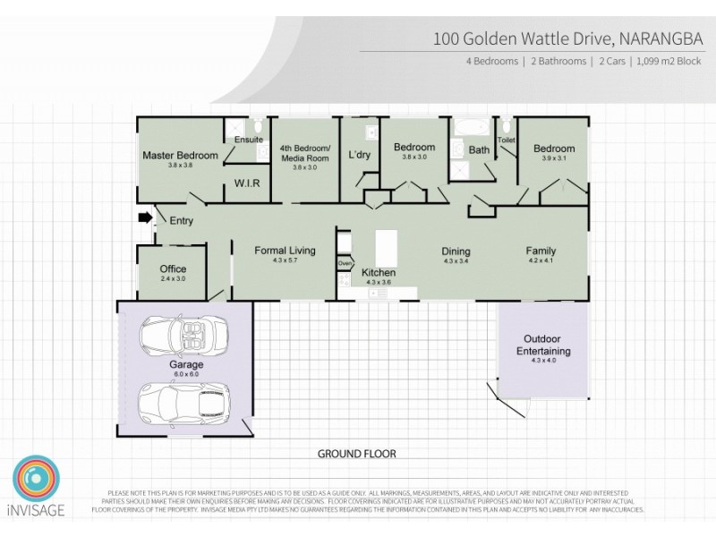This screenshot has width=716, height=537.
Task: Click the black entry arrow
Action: click(x=143, y=217)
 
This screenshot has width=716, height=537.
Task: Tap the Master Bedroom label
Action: click(x=180, y=156)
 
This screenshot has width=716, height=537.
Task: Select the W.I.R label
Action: click(x=247, y=183)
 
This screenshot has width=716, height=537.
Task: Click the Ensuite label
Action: click(x=248, y=141)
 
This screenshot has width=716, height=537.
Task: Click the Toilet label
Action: click(x=506, y=141)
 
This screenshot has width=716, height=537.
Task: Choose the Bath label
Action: click(x=480, y=150)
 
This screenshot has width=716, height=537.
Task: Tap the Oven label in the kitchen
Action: click(x=345, y=263)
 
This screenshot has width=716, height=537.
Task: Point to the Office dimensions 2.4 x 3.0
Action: click(x=173, y=279)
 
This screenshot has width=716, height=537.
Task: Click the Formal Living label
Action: click(x=285, y=251)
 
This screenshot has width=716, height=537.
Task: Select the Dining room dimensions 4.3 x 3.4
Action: click(x=456, y=261)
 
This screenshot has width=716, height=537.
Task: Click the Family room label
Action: click(x=540, y=251)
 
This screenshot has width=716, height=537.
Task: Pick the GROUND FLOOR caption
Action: click(x=357, y=454)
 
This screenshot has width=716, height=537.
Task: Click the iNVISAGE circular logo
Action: click(x=37, y=479)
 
